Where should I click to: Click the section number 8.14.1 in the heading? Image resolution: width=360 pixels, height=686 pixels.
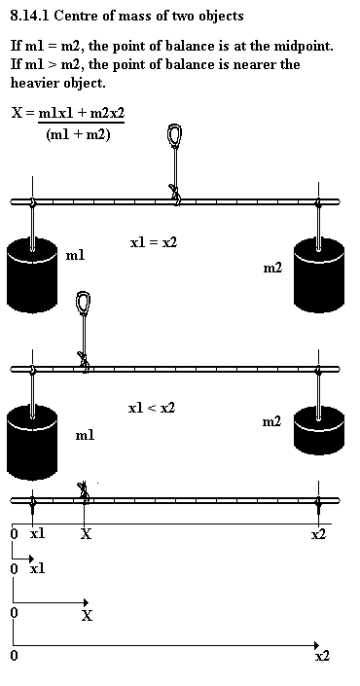tap(30, 17)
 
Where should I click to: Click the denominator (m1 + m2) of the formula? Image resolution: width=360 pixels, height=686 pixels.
tap(78, 134)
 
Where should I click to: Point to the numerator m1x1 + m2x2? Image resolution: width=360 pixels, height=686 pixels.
tap(82, 113)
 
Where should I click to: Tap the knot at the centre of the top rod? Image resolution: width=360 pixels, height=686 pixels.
tap(175, 195)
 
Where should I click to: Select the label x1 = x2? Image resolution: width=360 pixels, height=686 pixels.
tap(154, 242)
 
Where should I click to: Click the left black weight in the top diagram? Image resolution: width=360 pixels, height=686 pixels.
tap(32, 274)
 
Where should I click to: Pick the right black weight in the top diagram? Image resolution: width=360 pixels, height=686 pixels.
tap(319, 274)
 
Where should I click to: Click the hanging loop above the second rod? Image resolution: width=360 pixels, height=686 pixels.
tap(83, 303)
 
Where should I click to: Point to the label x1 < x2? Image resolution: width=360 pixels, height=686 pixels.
tap(152, 408)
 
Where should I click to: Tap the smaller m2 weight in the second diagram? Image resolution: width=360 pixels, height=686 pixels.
tap(319, 430)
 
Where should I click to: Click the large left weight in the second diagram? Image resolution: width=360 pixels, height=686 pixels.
tap(32, 443)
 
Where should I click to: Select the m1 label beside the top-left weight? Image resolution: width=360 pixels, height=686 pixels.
tap(75, 256)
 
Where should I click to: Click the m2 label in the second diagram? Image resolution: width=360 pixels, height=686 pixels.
tap(271, 421)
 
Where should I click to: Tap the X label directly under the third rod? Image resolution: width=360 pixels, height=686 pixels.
tap(87, 534)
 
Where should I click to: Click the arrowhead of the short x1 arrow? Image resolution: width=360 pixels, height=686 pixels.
tap(31, 559)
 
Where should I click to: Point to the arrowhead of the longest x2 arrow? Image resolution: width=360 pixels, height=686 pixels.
tap(317, 645)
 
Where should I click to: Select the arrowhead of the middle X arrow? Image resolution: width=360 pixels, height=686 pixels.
tap(86, 603)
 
